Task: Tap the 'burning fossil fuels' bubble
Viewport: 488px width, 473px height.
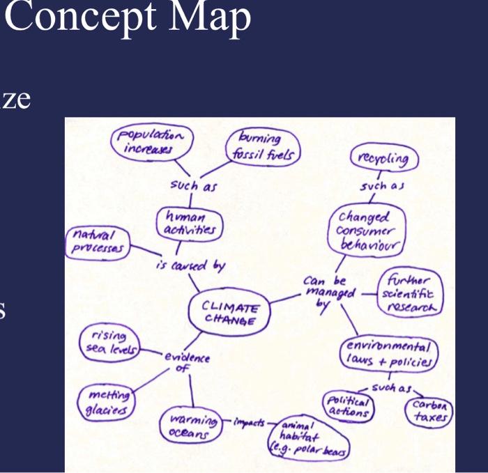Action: (263, 147)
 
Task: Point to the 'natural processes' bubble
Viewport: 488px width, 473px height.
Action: (98, 242)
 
